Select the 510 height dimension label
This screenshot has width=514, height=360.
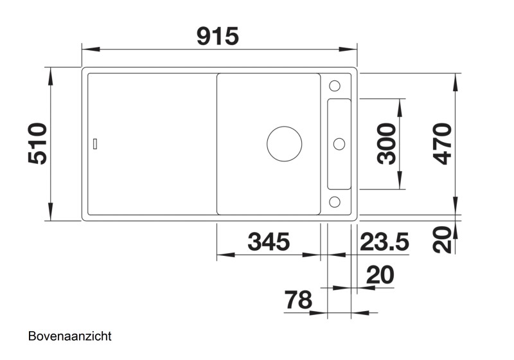[39, 143]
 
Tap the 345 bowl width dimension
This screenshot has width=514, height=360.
[269, 242]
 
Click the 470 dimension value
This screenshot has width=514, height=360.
[442, 143]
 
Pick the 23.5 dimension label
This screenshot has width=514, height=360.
[384, 242]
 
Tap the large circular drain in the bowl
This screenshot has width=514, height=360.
[284, 143]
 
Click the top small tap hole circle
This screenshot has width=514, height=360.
[335, 86]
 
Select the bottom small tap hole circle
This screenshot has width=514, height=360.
[335, 202]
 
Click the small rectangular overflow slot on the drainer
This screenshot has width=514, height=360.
[96, 143]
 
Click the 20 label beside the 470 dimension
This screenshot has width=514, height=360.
[443, 240]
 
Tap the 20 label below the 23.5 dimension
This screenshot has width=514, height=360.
[380, 276]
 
